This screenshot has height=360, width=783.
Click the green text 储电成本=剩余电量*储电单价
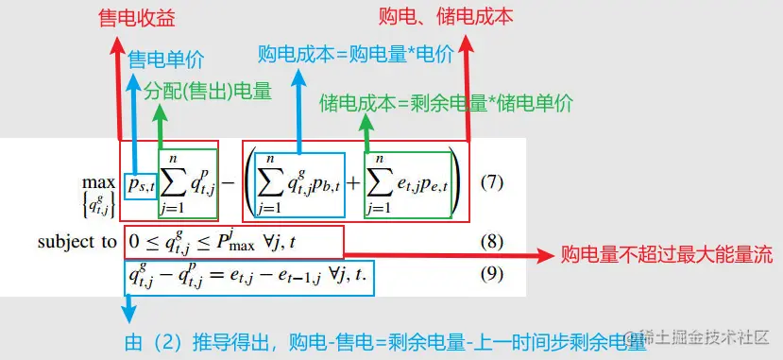[447, 103]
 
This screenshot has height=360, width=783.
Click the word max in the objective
[98, 180]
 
